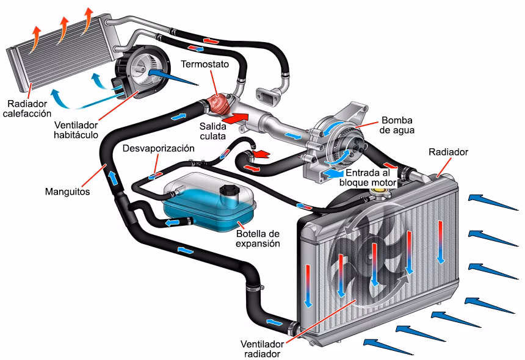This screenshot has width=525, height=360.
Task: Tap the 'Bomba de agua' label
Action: [398, 125]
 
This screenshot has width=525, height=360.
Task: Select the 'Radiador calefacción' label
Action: [27, 107]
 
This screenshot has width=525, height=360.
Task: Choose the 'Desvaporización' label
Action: [158, 148]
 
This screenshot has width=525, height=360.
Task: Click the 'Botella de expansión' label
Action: [258, 238]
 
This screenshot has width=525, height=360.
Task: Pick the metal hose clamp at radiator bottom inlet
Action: [295, 329]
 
